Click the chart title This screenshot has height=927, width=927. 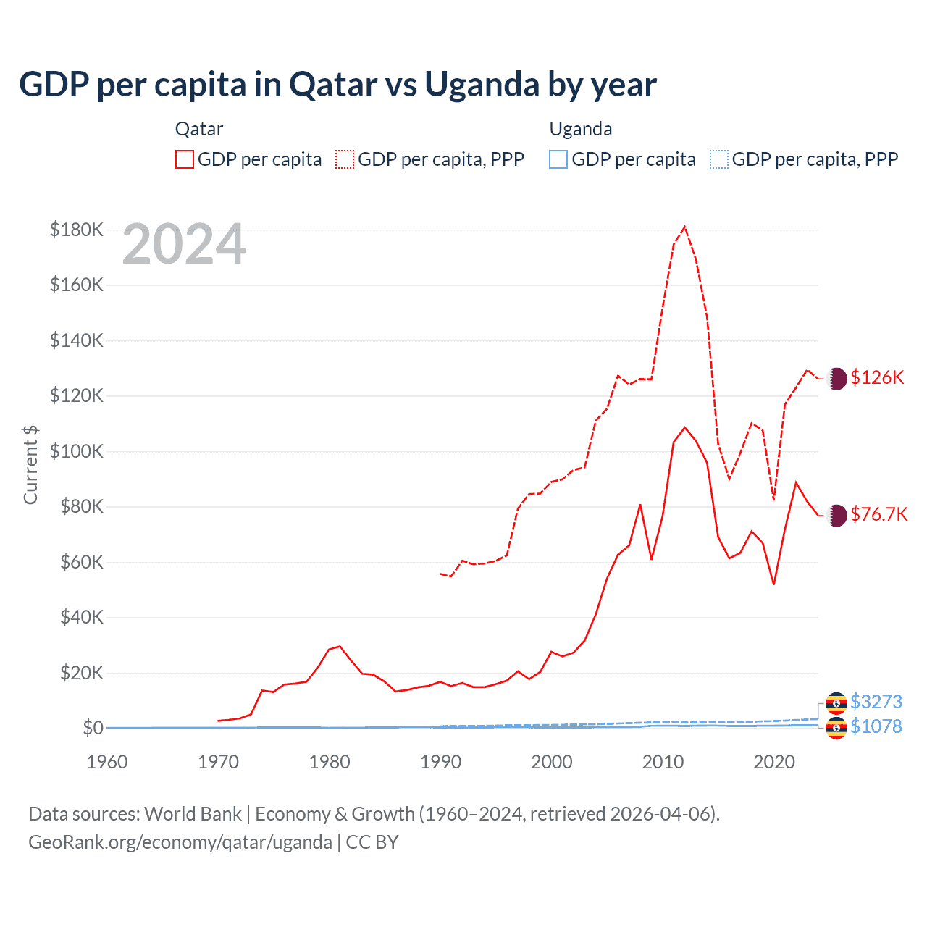(x=337, y=85)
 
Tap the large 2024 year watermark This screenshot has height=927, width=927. (x=184, y=245)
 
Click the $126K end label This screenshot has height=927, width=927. (x=877, y=377)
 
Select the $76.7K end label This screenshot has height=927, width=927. (x=878, y=514)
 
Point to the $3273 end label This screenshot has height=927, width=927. (x=876, y=702)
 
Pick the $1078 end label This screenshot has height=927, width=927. (x=876, y=726)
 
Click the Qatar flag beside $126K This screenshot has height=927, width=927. (x=836, y=378)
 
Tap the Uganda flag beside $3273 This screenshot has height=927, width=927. (x=836, y=702)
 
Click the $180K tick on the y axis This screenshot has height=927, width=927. (x=77, y=230)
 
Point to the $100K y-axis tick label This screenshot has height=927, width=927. (x=77, y=452)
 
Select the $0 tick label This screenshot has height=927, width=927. (x=93, y=728)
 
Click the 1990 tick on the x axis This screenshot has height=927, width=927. (x=440, y=762)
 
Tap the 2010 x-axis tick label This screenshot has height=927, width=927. (x=663, y=762)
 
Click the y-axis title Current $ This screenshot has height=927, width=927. (x=30, y=465)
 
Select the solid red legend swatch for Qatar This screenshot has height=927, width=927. (x=185, y=159)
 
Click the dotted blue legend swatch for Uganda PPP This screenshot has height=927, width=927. (x=719, y=159)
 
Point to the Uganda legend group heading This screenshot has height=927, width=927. (x=581, y=129)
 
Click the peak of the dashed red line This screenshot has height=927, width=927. (x=684, y=227)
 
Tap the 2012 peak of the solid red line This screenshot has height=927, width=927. (x=684, y=427)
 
